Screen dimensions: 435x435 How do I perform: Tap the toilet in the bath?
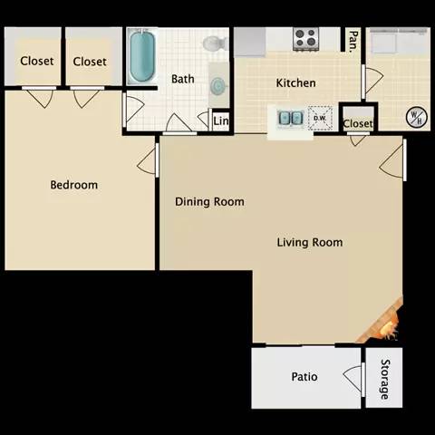click(x=214, y=43)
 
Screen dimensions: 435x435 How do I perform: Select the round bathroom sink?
click(x=218, y=86)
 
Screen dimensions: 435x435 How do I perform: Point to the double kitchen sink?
click(x=290, y=118)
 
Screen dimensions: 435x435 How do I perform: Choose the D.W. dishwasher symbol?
click(x=320, y=118)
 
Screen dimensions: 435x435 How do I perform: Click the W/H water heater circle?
click(x=416, y=117)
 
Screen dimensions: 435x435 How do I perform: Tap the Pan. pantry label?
click(x=351, y=39)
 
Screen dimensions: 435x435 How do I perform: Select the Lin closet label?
click(x=220, y=121)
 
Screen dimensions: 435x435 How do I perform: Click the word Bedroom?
click(x=73, y=185)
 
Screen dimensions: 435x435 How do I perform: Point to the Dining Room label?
click(x=209, y=202)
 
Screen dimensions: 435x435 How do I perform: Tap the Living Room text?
click(x=309, y=242)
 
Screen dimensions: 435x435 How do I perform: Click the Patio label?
click(x=304, y=376)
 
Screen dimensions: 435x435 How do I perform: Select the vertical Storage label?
click(x=383, y=378)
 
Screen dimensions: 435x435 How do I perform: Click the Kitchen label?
click(x=295, y=83)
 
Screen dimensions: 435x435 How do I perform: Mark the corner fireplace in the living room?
click(x=382, y=322)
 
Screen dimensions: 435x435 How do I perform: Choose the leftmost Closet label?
click(x=36, y=62)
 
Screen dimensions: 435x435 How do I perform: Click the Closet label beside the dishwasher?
click(x=357, y=123)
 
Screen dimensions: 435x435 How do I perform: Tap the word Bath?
click(x=182, y=79)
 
